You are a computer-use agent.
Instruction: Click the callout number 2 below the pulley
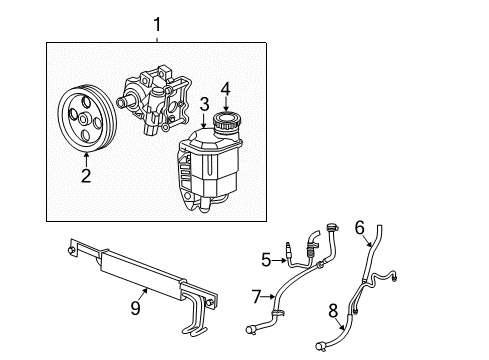pyautogui.click(x=86, y=176)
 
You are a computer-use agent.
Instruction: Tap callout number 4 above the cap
pyautogui.click(x=225, y=87)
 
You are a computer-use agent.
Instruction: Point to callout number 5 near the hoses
pyautogui.click(x=267, y=261)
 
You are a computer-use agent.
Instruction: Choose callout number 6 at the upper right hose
pyautogui.click(x=359, y=228)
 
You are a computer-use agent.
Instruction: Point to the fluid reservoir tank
pyautogui.click(x=212, y=175)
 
